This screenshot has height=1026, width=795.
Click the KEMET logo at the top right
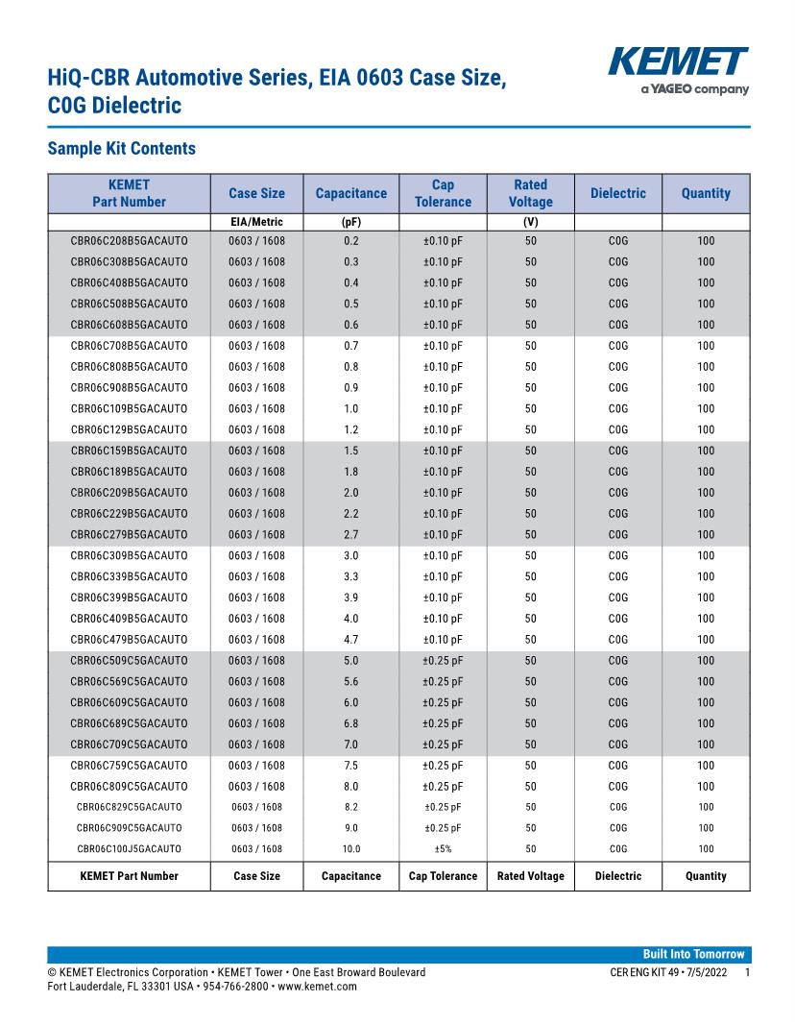tap(678, 63)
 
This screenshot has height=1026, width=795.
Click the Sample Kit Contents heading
tap(121, 149)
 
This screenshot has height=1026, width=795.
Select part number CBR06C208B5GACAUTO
tap(130, 241)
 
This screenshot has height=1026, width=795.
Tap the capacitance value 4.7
tap(351, 640)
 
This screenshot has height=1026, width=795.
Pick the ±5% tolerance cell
tap(443, 849)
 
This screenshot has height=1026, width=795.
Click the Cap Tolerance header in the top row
tap(443, 193)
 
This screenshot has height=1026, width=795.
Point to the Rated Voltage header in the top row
tap(531, 193)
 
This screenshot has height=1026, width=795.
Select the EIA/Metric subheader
tap(256, 222)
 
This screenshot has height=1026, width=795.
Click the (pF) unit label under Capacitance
tap(351, 222)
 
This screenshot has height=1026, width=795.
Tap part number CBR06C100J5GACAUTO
tap(130, 849)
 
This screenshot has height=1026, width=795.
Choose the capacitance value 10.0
tap(351, 849)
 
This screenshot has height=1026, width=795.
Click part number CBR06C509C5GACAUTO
tap(130, 661)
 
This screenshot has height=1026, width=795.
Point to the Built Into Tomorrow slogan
tap(693, 954)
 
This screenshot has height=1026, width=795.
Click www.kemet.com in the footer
tap(317, 987)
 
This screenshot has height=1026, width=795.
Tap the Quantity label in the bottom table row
tap(706, 876)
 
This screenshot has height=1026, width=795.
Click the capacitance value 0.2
tap(351, 241)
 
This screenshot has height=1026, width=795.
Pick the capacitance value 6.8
tap(351, 723)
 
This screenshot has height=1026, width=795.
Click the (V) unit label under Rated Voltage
tap(531, 222)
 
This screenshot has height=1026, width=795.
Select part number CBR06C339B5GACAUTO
tap(130, 577)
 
